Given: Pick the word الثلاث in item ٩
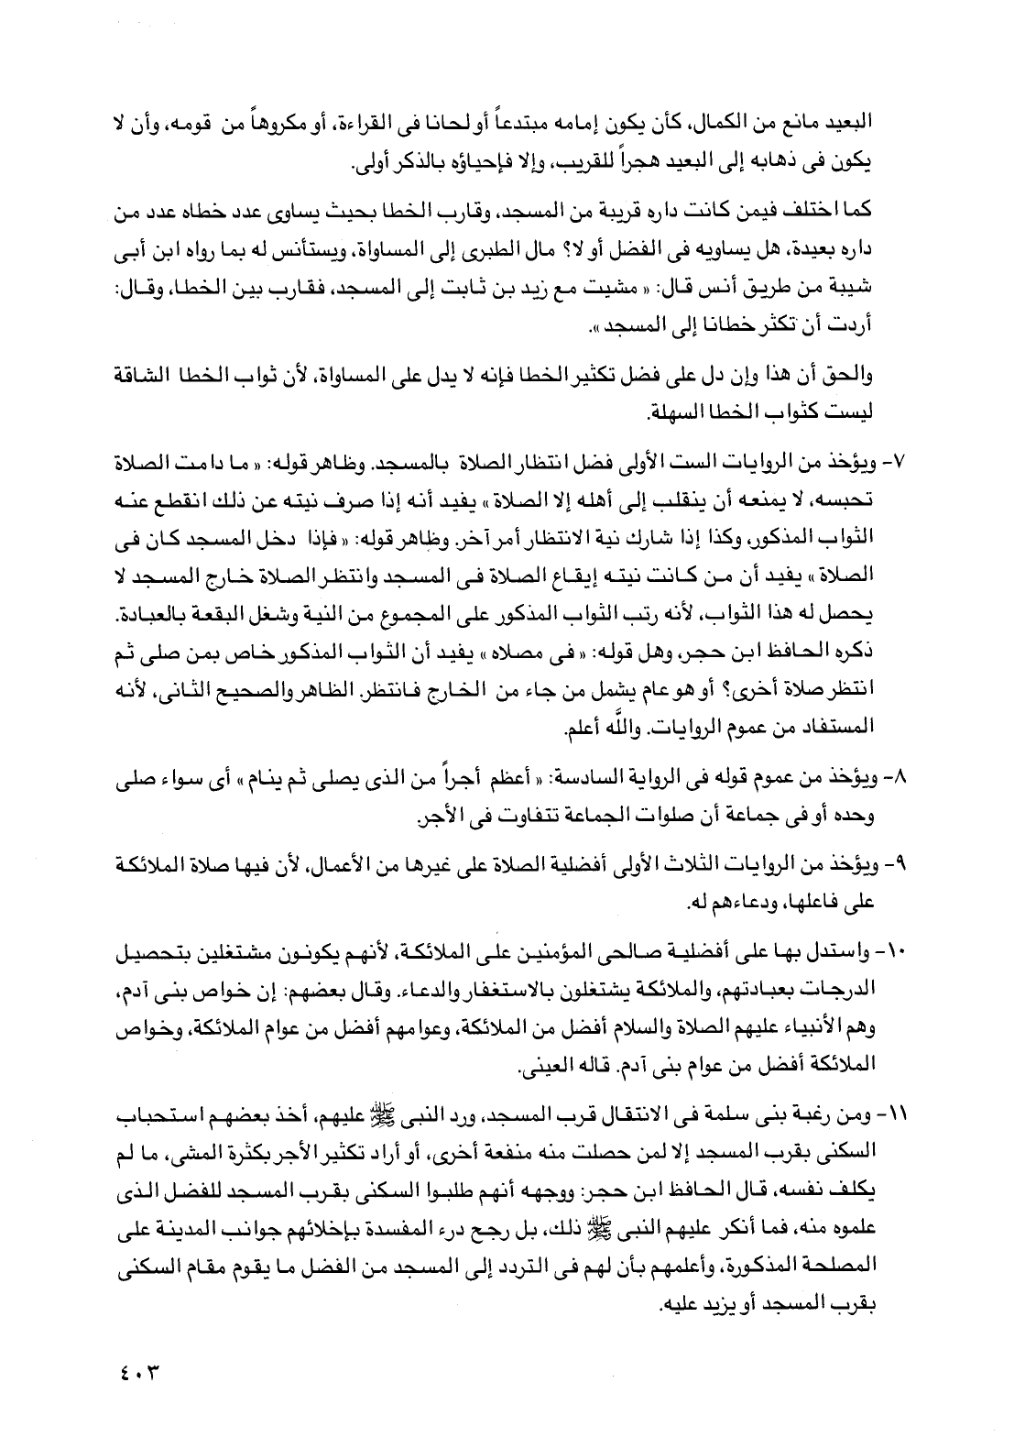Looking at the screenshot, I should click(694, 867).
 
